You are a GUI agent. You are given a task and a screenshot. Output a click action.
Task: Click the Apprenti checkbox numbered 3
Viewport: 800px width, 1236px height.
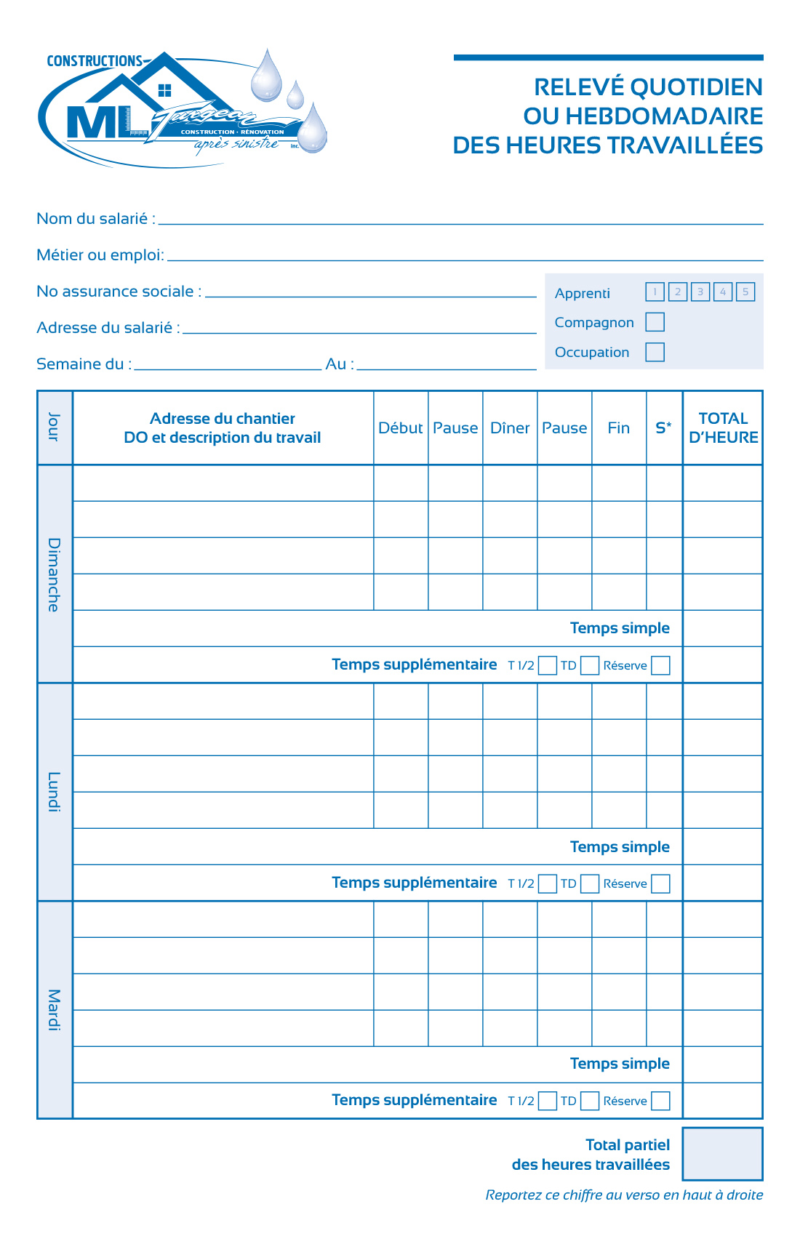(700, 292)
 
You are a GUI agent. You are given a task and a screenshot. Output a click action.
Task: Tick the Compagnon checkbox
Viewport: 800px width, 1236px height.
(655, 322)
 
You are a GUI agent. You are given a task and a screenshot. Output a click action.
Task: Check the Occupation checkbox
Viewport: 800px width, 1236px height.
(655, 352)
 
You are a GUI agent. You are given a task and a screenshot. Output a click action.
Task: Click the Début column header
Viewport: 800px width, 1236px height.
(401, 428)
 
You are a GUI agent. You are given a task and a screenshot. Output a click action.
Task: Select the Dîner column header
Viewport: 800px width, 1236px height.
(510, 428)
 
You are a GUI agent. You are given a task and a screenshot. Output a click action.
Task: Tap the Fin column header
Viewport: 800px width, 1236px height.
(619, 428)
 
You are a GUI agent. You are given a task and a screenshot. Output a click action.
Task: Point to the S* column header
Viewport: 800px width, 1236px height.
(664, 428)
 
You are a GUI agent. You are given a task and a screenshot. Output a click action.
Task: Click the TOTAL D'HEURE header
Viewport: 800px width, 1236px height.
(723, 428)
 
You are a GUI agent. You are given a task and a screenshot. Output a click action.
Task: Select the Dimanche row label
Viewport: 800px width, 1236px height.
(55, 574)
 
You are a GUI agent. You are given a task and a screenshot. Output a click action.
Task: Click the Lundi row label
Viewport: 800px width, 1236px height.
(55, 792)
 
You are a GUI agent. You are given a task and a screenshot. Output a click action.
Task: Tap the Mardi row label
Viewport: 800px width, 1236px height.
(55, 1010)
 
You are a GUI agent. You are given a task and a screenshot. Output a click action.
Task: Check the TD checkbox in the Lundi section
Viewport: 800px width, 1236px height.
(590, 883)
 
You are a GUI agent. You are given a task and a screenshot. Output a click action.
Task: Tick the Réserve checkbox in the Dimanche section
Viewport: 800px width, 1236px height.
(660, 665)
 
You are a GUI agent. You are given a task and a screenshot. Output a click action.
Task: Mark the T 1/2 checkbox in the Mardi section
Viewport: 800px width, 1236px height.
(548, 1101)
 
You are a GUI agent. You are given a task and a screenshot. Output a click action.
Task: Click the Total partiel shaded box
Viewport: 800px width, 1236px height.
(722, 1154)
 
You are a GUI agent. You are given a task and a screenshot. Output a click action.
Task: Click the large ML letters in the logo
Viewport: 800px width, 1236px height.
(98, 122)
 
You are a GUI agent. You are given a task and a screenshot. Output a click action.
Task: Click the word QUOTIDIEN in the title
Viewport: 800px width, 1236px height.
(696, 87)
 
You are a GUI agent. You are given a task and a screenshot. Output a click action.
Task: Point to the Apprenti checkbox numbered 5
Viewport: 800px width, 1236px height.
(745, 292)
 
